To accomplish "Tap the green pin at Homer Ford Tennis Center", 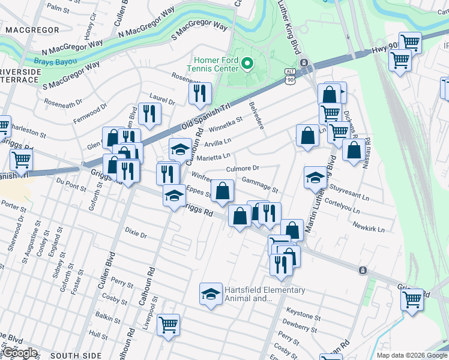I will click(247, 62).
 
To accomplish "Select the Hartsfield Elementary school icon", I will click(210, 294).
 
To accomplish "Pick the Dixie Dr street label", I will click(136, 232).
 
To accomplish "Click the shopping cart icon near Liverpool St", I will click(168, 325).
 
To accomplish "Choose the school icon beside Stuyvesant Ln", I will click(315, 176).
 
